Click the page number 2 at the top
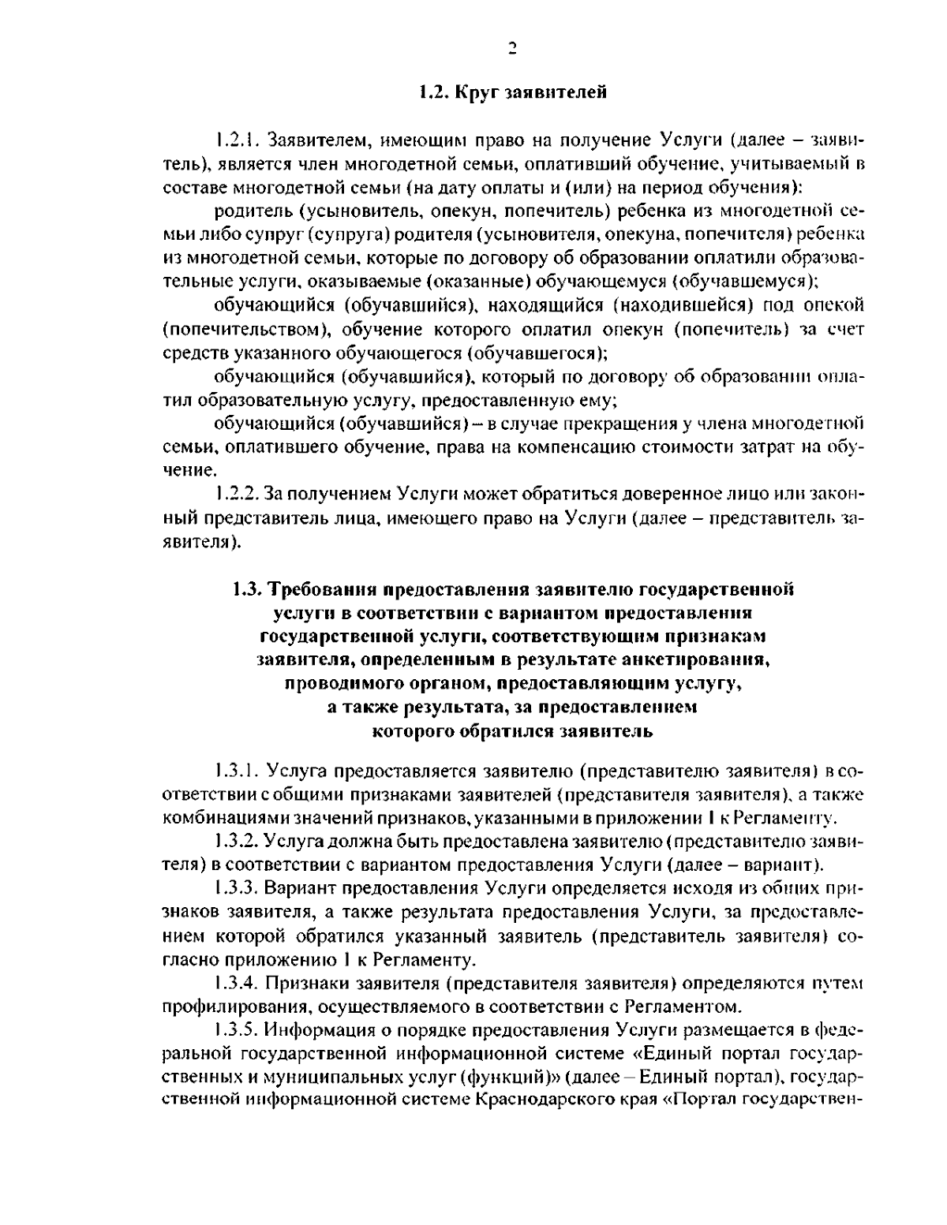(511, 49)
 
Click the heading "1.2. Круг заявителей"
(512, 93)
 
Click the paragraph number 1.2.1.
(237, 141)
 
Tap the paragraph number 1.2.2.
(237, 495)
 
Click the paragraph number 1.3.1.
(237, 769)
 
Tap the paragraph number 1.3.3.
(237, 888)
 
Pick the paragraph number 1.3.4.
(237, 983)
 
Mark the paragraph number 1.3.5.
(237, 1030)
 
